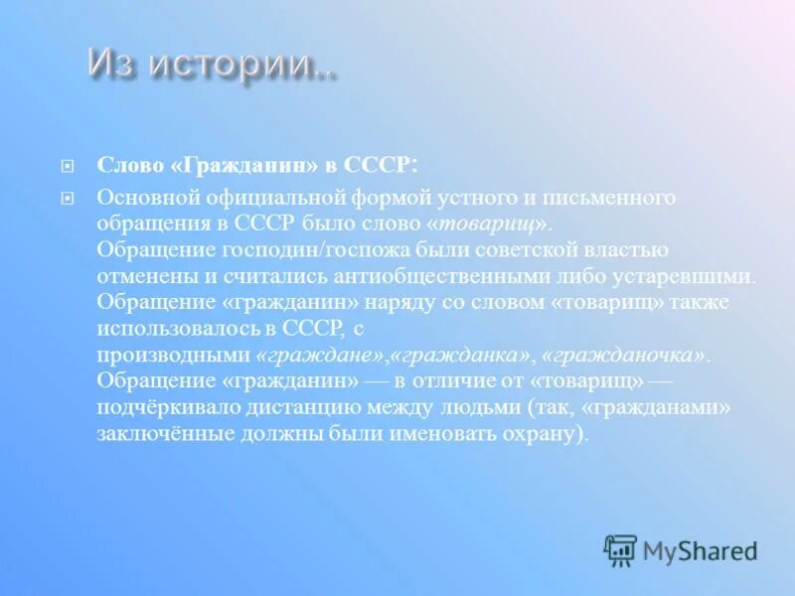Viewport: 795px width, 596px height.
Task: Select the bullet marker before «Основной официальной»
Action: [69, 198]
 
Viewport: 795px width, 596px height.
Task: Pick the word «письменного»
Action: [613, 198]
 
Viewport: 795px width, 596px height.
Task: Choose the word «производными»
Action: [174, 354]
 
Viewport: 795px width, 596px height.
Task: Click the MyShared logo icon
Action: [620, 550]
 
